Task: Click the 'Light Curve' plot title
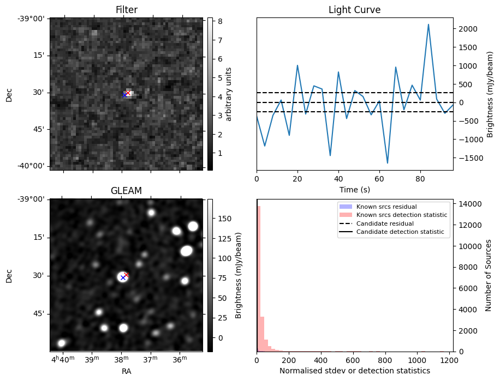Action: (354, 10)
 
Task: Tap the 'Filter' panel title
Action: (126, 10)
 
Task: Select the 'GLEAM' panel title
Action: (126, 191)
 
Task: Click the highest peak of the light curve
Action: (428, 25)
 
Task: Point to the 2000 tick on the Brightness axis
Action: (466, 29)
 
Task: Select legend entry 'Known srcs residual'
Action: (386, 207)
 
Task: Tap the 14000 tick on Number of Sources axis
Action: (469, 204)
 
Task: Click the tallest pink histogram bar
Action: (258, 278)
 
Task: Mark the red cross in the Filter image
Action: (128, 93)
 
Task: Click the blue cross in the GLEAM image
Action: (123, 278)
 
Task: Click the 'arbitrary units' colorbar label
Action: (229, 94)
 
